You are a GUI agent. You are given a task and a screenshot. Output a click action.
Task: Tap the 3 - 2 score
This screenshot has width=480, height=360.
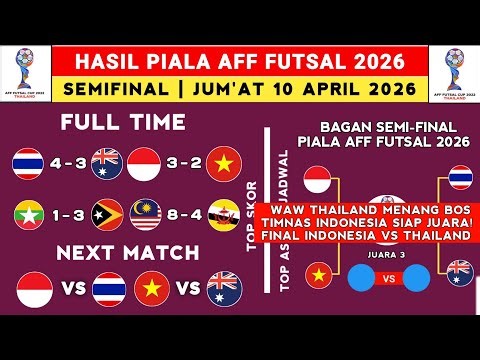coord(189,161)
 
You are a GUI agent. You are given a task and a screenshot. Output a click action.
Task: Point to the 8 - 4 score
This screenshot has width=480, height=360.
coord(189,213)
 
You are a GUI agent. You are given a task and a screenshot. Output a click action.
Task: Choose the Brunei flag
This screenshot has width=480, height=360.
coord(228,213)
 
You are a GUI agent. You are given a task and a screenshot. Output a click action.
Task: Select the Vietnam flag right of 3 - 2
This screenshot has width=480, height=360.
coord(228,161)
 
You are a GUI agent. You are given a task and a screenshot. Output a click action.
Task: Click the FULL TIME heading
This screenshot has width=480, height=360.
coord(122,123)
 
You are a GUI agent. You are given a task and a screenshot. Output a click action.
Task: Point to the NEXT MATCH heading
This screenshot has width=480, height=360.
coord(122,250)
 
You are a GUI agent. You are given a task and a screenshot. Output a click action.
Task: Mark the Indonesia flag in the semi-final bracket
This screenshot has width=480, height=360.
coord(317,181)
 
